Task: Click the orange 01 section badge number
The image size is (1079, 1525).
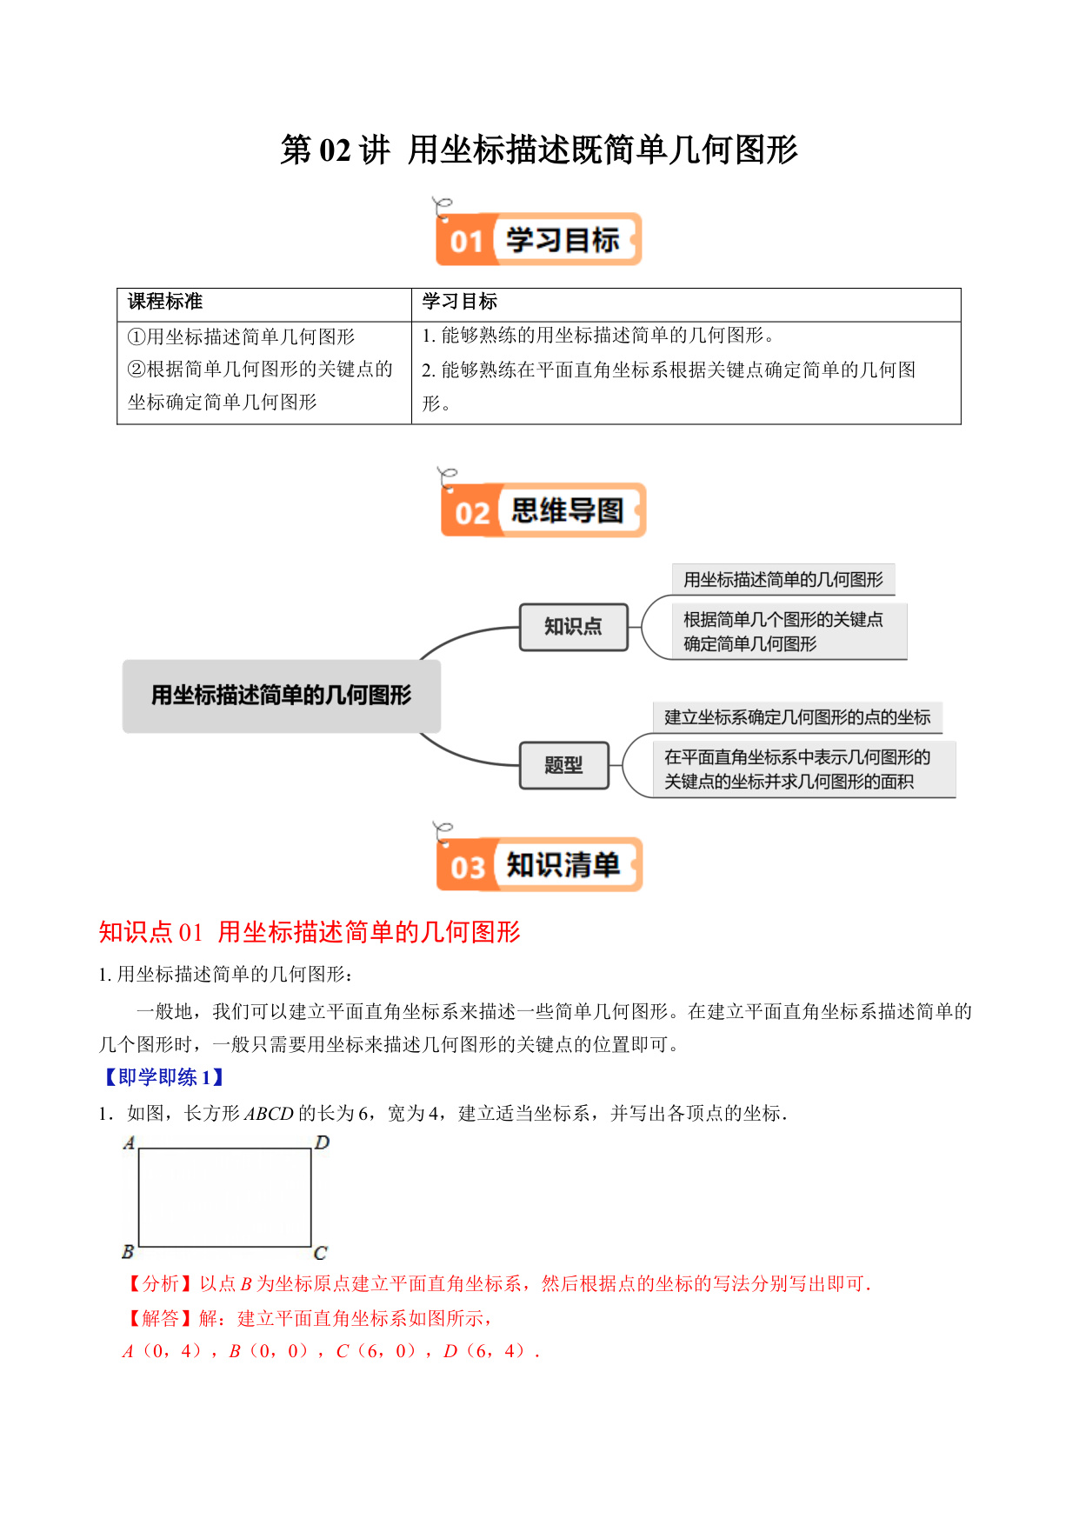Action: pyautogui.click(x=466, y=241)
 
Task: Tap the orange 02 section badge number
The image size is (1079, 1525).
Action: pyautogui.click(x=472, y=513)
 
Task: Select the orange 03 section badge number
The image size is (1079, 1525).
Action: pyautogui.click(x=468, y=867)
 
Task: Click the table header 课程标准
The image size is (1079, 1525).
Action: pyautogui.click(x=165, y=302)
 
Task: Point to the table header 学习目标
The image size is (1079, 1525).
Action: pyautogui.click(x=460, y=302)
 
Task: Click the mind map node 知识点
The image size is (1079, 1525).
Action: pyautogui.click(x=574, y=627)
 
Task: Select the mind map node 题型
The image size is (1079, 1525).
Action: pyautogui.click(x=564, y=765)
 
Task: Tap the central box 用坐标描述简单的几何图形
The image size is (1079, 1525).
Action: pyautogui.click(x=282, y=696)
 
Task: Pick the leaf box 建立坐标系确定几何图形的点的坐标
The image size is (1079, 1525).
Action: pyautogui.click(x=797, y=717)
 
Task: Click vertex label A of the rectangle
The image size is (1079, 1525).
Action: pyautogui.click(x=130, y=1142)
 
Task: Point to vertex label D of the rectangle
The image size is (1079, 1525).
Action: pyautogui.click(x=323, y=1142)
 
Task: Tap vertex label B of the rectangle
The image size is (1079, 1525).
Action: pyautogui.click(x=128, y=1252)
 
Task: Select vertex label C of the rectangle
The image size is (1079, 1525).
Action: pyautogui.click(x=320, y=1253)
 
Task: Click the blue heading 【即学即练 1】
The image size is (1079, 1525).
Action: pyautogui.click(x=165, y=1077)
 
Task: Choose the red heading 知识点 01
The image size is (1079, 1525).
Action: pyautogui.click(x=150, y=932)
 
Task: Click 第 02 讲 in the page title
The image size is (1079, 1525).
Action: pyautogui.click(x=336, y=150)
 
